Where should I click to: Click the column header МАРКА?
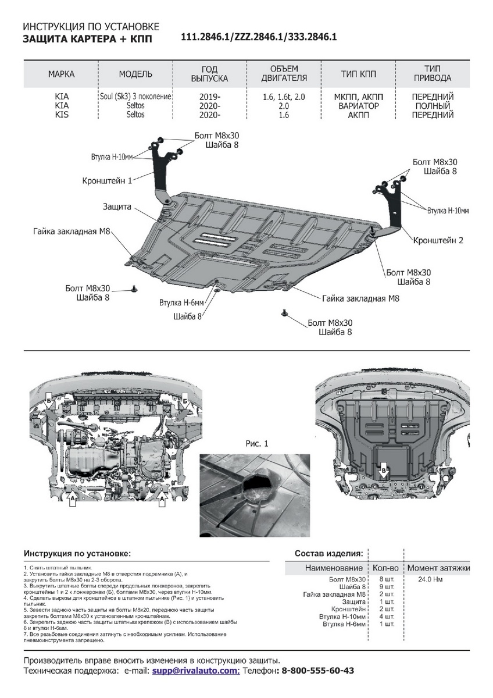[61, 74]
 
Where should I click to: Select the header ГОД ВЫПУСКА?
[209, 74]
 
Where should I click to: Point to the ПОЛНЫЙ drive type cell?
[431, 106]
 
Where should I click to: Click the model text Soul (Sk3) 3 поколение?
[135, 97]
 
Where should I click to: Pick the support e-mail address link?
[196, 671]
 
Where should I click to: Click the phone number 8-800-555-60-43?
[317, 671]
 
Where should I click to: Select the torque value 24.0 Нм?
[431, 580]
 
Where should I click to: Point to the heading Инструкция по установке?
[77, 553]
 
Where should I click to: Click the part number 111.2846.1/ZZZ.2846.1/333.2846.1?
[259, 37]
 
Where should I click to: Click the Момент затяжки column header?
[438, 568]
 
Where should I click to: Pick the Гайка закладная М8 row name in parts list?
[334, 594]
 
